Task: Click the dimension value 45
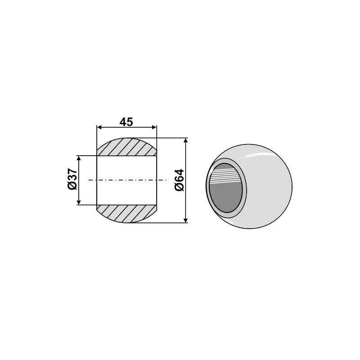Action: coord(126,122)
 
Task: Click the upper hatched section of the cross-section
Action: coord(127,147)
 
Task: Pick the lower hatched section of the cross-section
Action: coord(127,214)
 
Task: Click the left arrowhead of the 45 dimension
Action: coord(100,128)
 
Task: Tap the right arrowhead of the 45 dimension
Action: coord(154,128)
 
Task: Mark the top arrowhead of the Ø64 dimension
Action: coord(186,141)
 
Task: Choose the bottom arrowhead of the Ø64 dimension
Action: coord(186,220)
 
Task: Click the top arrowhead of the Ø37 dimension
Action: coord(79,159)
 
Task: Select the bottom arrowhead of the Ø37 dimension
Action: coord(79,202)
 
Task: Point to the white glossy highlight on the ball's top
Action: coord(256,156)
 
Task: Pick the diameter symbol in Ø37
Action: coord(72,187)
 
